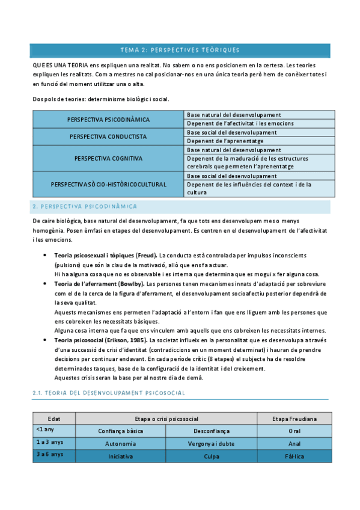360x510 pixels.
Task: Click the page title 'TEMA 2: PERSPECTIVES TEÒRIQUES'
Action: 180,49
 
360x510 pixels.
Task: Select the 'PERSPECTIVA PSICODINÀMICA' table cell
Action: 109,120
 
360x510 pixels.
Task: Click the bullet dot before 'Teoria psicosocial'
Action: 46,340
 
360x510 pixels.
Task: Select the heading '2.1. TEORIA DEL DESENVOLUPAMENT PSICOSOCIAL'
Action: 108,376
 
